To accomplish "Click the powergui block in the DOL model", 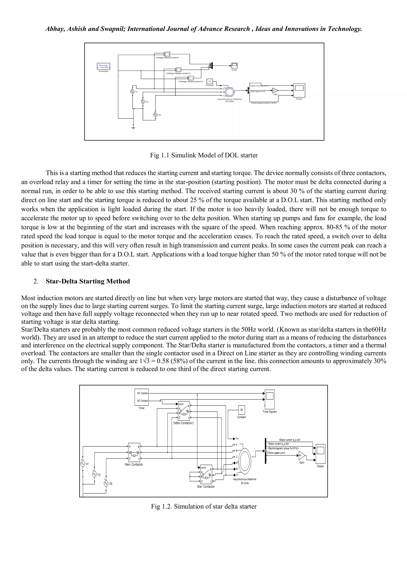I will coord(104,66).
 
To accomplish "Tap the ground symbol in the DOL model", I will coord(133,128).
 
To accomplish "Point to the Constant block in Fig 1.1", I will coord(209,82).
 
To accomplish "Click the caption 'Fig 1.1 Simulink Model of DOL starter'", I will coord(204,155).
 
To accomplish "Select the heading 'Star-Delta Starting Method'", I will coord(88,281).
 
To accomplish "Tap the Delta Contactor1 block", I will coord(184,411).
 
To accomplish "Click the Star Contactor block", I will coord(206,474).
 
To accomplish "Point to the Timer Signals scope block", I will coord(270,399).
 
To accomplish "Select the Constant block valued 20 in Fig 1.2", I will coord(241,410).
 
